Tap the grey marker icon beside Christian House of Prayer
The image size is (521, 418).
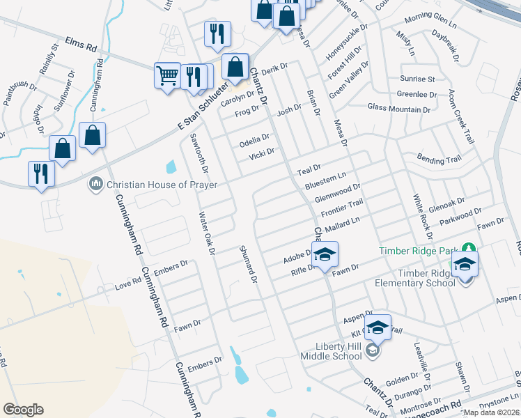pyautogui.click(x=95, y=185)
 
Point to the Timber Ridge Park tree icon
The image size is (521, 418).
pyautogui.click(x=469, y=250)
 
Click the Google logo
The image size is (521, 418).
pyautogui.click(x=23, y=410)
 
